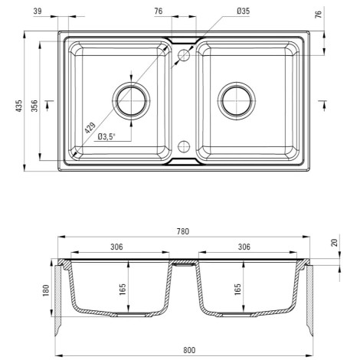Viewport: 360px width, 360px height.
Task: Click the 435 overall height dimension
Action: click(x=19, y=106)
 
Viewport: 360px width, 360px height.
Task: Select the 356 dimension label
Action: click(x=34, y=106)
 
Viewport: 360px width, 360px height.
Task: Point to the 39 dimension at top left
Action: click(x=38, y=11)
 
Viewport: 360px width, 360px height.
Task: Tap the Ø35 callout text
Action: click(x=244, y=11)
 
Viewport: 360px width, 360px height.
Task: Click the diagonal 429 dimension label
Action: click(x=90, y=128)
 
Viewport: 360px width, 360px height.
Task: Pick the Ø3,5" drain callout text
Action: click(x=106, y=137)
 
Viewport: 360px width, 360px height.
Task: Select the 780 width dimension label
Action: click(x=183, y=231)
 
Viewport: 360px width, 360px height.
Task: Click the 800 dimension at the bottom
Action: click(x=189, y=350)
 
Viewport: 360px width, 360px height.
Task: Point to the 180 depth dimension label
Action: click(x=46, y=290)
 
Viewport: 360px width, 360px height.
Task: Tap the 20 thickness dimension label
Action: click(x=334, y=243)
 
